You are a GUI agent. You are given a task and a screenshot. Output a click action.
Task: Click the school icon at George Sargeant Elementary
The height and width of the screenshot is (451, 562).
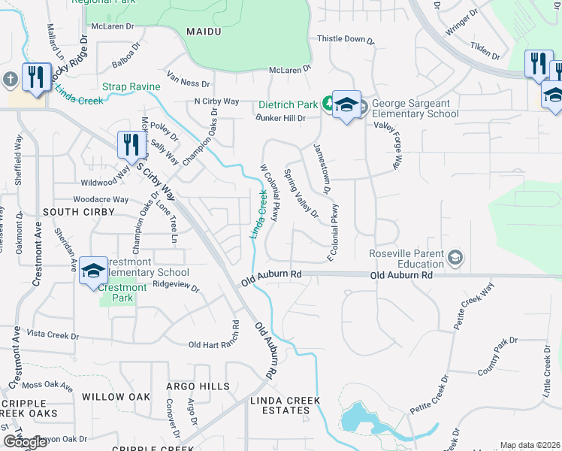point(346,104)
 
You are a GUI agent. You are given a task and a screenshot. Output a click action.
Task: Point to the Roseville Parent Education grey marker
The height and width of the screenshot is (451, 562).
point(455,259)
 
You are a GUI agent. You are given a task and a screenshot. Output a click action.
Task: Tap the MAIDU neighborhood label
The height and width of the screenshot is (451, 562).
point(203,31)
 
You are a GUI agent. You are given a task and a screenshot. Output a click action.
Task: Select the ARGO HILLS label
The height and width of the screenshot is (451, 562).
point(198,386)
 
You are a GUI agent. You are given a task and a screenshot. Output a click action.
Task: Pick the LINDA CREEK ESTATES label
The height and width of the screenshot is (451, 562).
point(286,405)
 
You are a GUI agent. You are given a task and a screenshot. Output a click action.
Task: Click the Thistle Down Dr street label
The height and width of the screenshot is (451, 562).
point(346,39)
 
